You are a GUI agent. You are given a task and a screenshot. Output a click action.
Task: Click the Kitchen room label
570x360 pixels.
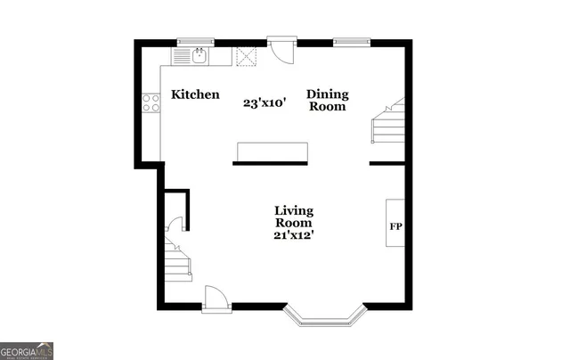tap(195, 94)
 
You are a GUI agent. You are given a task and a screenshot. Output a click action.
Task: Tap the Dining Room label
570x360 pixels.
tap(328, 100)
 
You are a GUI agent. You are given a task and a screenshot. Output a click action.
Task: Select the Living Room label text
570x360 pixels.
tap(294, 217)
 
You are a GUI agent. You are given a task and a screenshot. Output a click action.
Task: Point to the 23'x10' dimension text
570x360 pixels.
tap(265, 102)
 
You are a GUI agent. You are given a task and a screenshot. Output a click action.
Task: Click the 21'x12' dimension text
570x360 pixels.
tap(294, 235)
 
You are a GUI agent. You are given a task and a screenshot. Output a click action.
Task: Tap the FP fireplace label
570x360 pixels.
tap(396, 225)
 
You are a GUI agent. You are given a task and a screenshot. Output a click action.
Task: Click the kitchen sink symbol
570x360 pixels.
tap(198, 56)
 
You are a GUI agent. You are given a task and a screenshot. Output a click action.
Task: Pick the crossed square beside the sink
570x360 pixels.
tap(246, 56)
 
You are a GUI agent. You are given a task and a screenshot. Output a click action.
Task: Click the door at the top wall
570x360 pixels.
tap(281, 50)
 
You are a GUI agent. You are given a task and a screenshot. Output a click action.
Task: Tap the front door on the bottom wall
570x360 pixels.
tap(215, 299)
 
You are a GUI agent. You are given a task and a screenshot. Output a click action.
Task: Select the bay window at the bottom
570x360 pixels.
tap(324, 313)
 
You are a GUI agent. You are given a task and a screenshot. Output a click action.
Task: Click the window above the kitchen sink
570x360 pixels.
tap(196, 40)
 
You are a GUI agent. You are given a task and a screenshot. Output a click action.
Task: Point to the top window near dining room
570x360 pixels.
tap(351, 40)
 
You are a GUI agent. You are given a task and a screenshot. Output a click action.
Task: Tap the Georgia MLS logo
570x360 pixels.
tap(27, 350)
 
